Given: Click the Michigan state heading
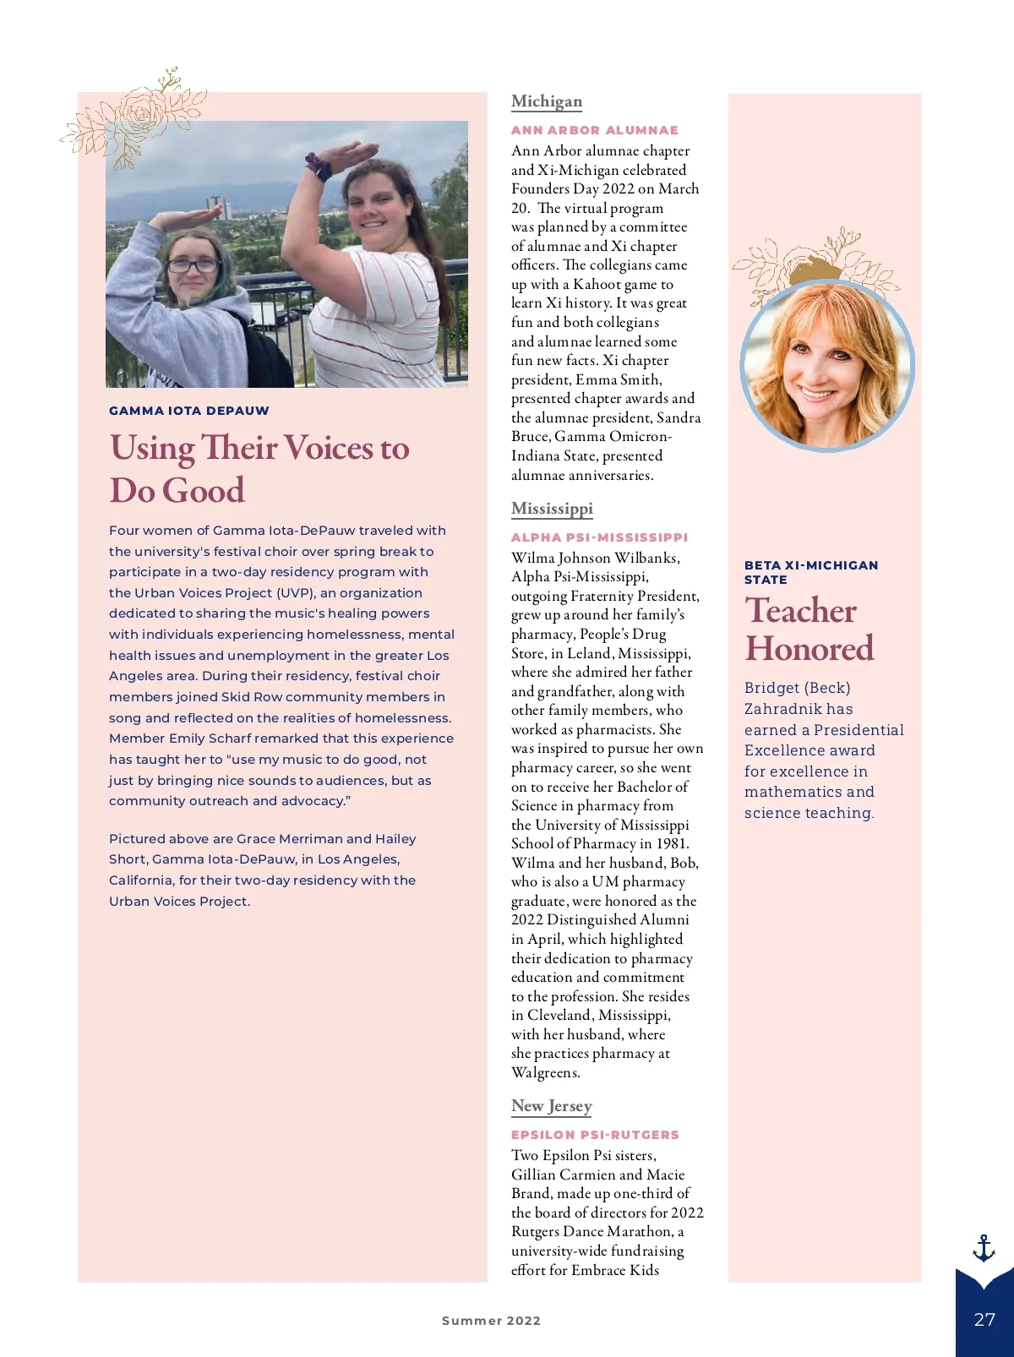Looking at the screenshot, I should (547, 101).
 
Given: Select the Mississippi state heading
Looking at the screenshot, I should (552, 509).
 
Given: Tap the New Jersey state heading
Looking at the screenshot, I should (551, 1106).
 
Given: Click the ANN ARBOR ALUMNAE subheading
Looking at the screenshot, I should (594, 130).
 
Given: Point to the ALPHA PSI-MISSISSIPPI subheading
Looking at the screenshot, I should (599, 537).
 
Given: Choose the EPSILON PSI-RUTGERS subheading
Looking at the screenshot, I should (595, 1135).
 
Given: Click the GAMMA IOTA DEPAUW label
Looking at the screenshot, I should (189, 411).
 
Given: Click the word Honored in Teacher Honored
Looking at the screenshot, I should (810, 649).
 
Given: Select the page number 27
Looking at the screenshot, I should (984, 1319).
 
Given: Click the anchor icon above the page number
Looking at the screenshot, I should (984, 1248).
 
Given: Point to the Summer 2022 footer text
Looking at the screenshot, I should (491, 1321).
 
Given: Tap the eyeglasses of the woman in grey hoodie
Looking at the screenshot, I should (193, 265).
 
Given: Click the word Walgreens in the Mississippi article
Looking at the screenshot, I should (546, 1073).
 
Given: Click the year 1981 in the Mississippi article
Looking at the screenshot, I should (671, 844).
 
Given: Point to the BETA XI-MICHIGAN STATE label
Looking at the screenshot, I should (811, 572).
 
